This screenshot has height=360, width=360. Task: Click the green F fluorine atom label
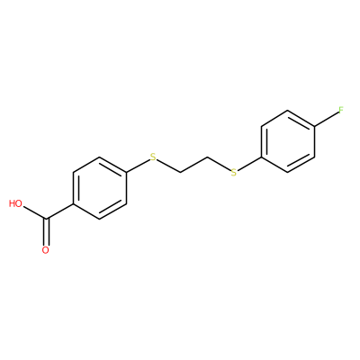coord(341,111)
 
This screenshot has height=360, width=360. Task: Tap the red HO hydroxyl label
coord(15,203)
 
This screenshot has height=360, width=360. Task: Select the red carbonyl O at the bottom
coord(46,250)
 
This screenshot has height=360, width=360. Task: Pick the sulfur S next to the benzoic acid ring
coord(153,157)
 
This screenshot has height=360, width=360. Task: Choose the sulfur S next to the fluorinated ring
coord(234,173)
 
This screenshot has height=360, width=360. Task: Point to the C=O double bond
coord(46,232)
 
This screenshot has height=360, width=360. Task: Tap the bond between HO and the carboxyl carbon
coord(35,211)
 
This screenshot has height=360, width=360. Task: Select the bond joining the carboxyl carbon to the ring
coord(59,211)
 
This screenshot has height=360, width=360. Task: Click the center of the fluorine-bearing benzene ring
coord(288,141)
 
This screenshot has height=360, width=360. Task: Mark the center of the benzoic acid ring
coord(100,188)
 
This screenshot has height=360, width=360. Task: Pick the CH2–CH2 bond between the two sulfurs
coord(193,165)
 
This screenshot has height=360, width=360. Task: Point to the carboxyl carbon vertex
coord(46,219)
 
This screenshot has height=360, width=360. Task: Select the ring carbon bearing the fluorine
coord(315,126)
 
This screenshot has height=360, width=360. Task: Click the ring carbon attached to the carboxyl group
coord(73,203)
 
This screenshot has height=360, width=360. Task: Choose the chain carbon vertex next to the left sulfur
coord(180,173)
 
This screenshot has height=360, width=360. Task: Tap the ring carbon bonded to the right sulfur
coord(261,157)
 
